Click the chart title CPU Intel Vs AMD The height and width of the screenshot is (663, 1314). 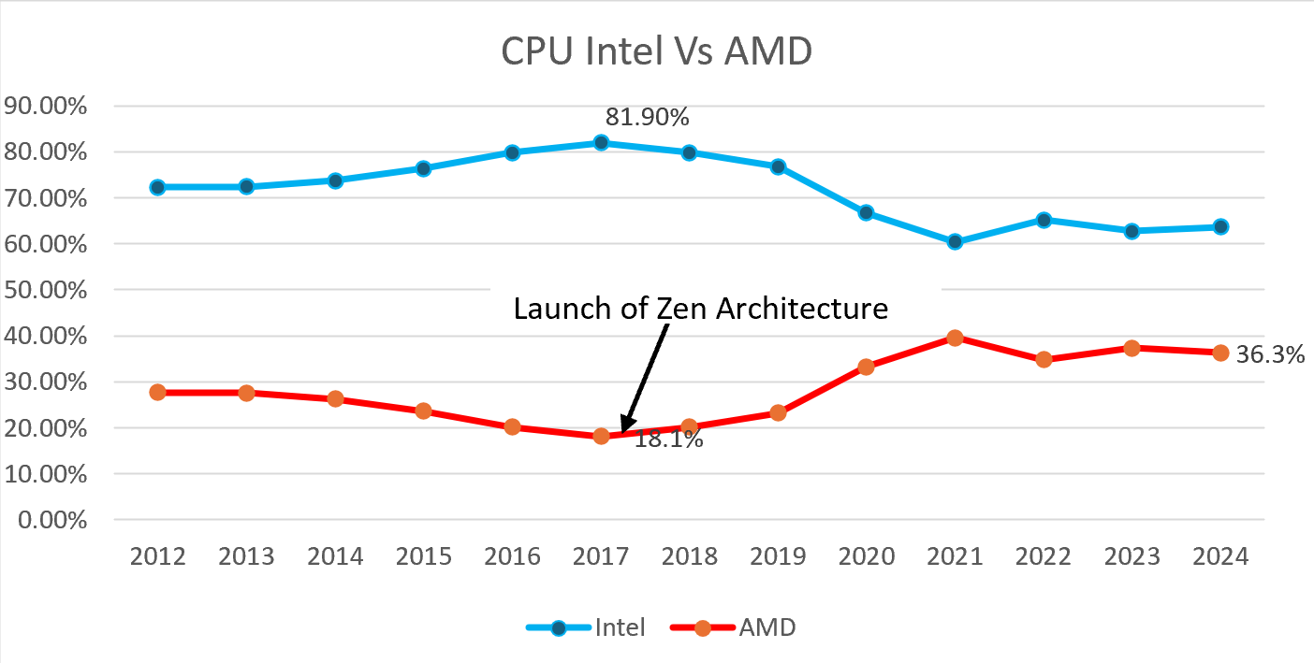tap(656, 51)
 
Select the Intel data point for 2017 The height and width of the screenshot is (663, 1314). tap(601, 143)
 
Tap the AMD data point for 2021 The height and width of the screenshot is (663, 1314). tap(955, 338)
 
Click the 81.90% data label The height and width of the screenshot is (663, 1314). tap(647, 117)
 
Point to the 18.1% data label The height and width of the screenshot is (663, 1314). tap(668, 439)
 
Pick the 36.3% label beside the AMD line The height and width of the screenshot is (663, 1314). tap(1270, 355)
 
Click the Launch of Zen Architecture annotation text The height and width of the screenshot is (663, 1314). tap(700, 309)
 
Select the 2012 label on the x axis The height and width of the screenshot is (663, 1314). tap(157, 556)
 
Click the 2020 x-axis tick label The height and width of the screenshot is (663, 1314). tap(866, 556)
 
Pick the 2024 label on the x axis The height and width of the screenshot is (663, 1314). tap(1220, 556)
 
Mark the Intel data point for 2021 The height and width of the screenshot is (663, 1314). tap(955, 241)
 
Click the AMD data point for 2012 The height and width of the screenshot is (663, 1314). tap(157, 392)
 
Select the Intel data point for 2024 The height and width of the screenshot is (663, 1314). tap(1220, 226)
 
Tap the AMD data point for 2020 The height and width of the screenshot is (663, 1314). tap(866, 367)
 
